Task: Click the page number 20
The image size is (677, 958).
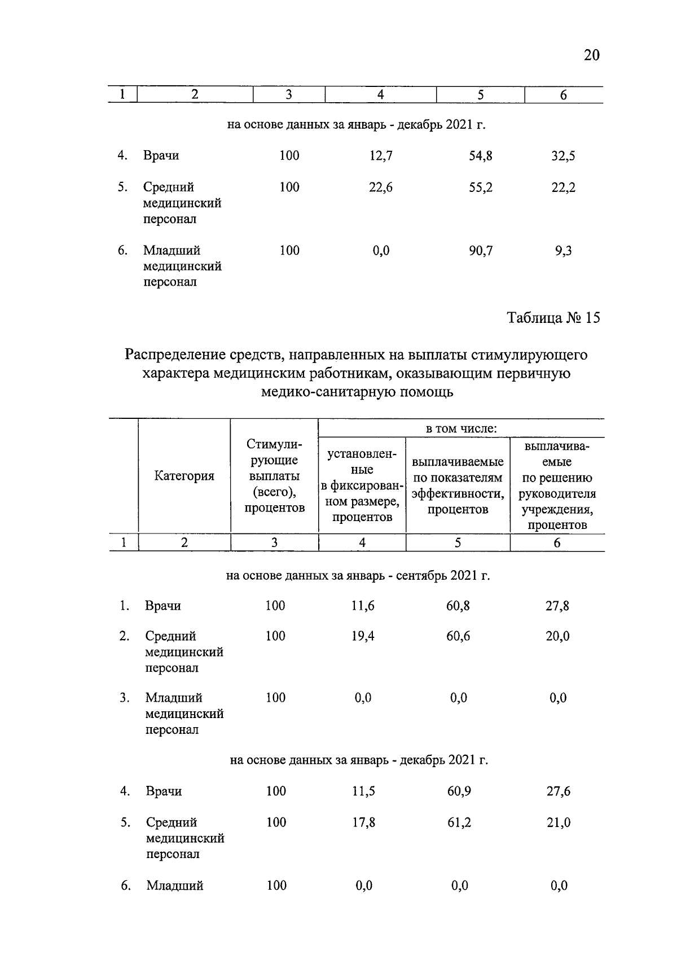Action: pos(591,55)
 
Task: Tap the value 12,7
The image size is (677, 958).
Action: pos(381,156)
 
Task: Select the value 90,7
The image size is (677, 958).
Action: pos(481,251)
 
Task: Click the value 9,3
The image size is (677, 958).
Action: pos(563,251)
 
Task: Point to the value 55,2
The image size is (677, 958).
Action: pos(481,187)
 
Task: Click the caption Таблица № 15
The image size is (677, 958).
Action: pos(553,318)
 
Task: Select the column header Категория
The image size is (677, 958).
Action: pos(184,476)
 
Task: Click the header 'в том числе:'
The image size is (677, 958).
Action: pos(461,428)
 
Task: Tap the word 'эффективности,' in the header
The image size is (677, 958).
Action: pos(458,494)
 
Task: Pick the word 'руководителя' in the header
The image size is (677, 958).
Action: pos(557,494)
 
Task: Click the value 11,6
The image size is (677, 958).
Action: pos(363,606)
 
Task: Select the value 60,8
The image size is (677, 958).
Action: pos(458,606)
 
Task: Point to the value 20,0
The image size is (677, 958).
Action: pos(558,636)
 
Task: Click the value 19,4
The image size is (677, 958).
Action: pos(363,636)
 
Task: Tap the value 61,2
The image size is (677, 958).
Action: pos(459,823)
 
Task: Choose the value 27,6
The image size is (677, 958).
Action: pos(559,791)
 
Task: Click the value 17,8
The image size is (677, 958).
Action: pos(364,823)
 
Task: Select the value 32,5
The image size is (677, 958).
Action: pos(563,156)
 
